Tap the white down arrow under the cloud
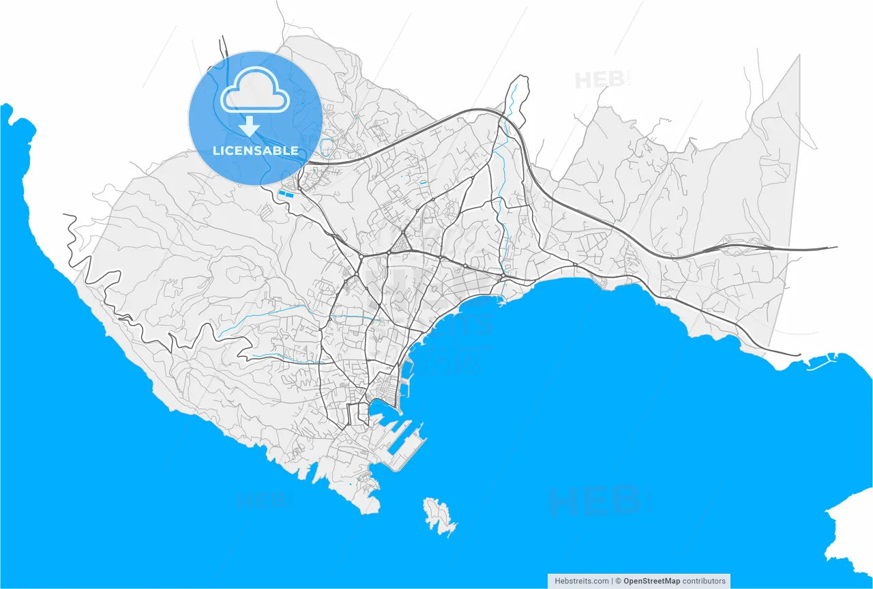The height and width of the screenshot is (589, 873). click(250, 126)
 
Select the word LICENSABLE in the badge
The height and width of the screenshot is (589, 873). click(255, 150)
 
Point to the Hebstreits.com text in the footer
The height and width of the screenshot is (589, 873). click(582, 581)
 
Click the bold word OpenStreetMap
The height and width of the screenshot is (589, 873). click(651, 581)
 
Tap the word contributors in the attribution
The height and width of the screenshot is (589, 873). click(703, 581)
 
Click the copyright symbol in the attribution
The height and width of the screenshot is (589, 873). click(618, 581)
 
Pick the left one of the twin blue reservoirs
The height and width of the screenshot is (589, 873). click(282, 195)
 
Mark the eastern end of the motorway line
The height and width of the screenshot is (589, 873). click(835, 248)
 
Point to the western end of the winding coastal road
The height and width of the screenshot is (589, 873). click(66, 216)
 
